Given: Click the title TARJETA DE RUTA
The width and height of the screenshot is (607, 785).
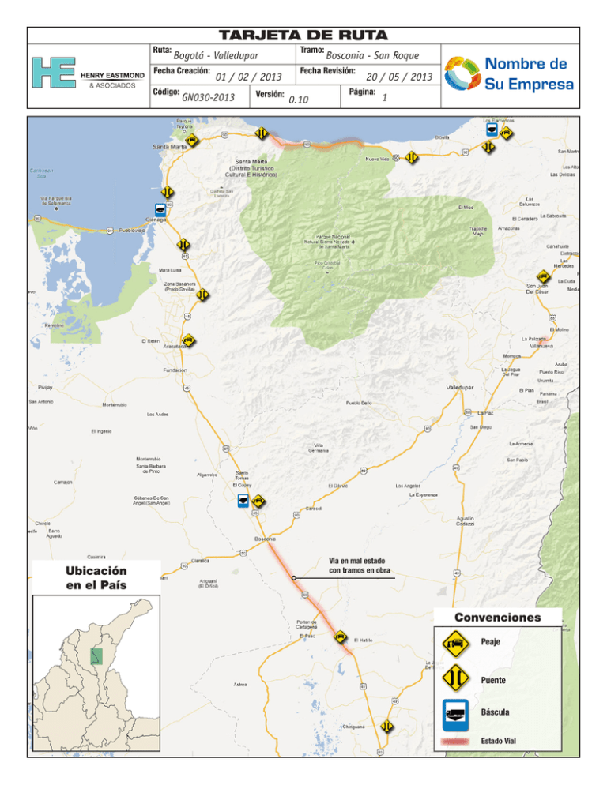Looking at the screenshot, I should pos(303,36).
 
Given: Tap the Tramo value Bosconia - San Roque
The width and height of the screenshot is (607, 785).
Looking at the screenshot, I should pos(371,56).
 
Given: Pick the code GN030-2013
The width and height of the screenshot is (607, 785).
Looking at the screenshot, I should pos(208,97).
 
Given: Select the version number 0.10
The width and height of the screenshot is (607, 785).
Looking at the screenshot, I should pos(299,100).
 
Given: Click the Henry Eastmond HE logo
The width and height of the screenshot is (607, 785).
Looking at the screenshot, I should pos(53,72).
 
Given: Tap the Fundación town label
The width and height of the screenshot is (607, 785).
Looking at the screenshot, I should pos(175,370).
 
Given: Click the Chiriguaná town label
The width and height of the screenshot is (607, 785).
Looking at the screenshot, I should pos(353,726).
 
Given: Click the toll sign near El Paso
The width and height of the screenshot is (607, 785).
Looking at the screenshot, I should pos(340,636).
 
